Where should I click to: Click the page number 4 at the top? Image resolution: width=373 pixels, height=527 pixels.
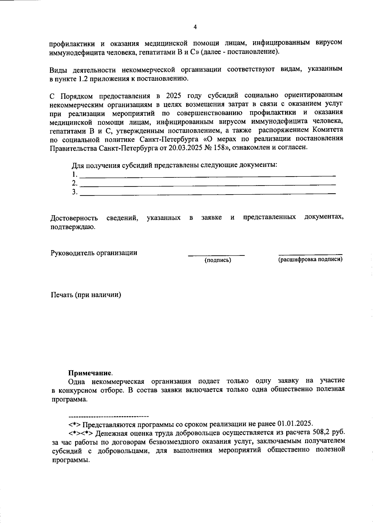(195, 27)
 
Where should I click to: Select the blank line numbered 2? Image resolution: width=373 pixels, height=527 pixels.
(208, 185)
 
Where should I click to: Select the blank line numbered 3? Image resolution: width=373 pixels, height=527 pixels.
(208, 194)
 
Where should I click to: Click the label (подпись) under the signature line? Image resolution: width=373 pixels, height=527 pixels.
(218, 260)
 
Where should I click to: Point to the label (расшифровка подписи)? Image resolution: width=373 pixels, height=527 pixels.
(310, 259)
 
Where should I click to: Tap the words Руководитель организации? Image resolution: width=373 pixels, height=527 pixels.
(94, 253)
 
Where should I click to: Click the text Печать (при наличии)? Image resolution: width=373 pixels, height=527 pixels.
(86, 295)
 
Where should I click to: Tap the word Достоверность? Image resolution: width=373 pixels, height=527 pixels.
(74, 218)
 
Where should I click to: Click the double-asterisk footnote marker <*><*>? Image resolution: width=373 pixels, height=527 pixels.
(81, 433)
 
